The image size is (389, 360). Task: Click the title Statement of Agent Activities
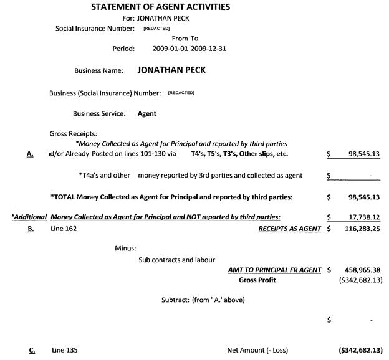click(160, 7)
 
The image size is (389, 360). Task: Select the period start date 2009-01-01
click(170, 48)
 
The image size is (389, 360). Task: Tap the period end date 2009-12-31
click(209, 48)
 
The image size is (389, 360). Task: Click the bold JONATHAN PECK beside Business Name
click(171, 70)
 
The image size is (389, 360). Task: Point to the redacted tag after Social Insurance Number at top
click(156, 28)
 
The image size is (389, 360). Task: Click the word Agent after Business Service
click(146, 114)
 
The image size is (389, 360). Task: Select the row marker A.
click(30, 154)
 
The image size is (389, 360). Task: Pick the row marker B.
click(31, 229)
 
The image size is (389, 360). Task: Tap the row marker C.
click(31, 350)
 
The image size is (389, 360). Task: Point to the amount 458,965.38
click(362, 270)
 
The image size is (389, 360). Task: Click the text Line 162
click(64, 229)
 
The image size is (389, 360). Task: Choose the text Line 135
click(64, 350)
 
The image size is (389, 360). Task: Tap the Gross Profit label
click(257, 280)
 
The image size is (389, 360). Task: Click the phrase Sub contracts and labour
click(176, 260)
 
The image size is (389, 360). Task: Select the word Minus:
click(125, 248)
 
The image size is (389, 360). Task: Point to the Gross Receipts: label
click(73, 133)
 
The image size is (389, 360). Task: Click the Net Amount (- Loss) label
click(257, 350)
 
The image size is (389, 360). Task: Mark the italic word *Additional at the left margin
click(29, 217)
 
